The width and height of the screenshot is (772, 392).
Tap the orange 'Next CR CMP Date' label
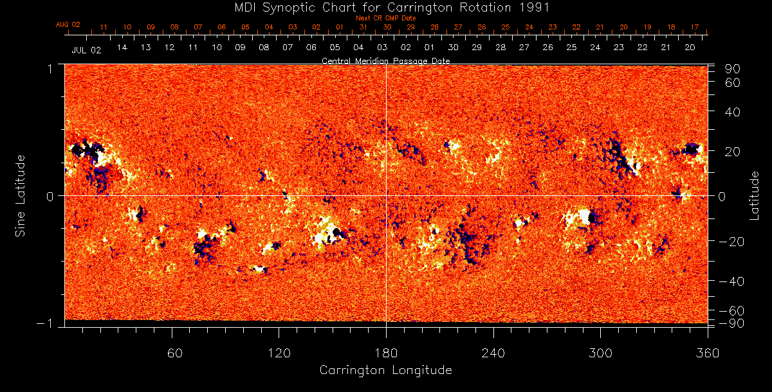point(386,18)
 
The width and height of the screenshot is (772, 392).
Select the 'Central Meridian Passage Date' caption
point(385,60)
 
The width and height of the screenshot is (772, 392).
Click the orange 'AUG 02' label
point(68,24)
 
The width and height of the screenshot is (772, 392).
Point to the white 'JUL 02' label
point(86,49)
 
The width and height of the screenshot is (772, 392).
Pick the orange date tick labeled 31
point(363,27)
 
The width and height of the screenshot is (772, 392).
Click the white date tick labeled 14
point(122,48)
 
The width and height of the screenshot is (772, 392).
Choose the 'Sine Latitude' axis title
point(21,195)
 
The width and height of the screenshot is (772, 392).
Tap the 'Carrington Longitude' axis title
point(385,370)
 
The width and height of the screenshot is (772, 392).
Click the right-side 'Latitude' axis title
point(754,195)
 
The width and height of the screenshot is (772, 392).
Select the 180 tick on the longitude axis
point(386,353)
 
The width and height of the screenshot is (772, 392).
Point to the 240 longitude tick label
point(493,353)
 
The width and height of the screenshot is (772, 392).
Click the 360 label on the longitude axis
point(708,353)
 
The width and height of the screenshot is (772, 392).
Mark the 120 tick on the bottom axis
point(279,353)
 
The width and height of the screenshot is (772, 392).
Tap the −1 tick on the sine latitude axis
point(48,324)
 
